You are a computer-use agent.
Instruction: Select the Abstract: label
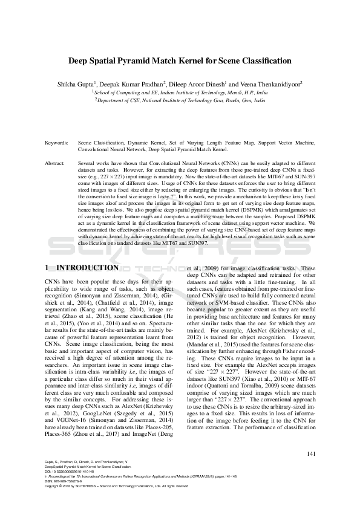pyautogui.click(x=56, y=164)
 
